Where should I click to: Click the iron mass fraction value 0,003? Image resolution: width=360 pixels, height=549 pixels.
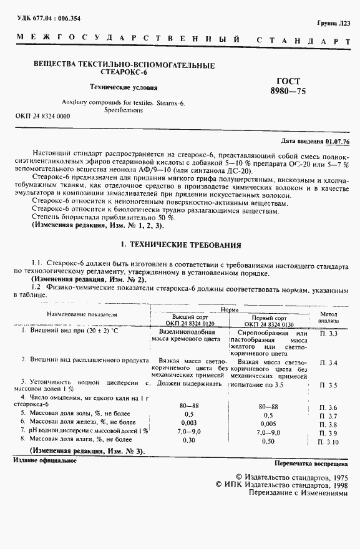coord(189,423)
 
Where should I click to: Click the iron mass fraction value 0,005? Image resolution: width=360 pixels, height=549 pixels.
coord(268,423)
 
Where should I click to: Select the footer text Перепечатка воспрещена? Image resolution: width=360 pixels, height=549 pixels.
coord(310,464)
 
